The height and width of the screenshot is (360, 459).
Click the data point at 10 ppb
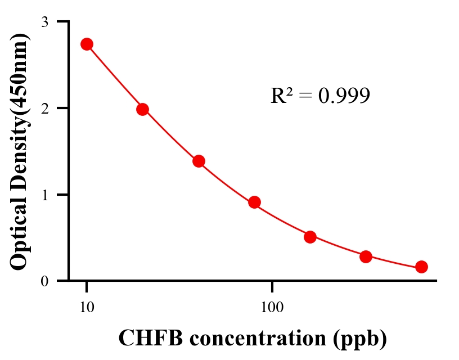(87, 44)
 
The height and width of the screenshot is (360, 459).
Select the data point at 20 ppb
(142, 109)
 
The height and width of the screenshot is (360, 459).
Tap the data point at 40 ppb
(199, 161)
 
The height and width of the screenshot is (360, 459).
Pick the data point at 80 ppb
(254, 202)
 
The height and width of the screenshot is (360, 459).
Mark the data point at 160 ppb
(310, 237)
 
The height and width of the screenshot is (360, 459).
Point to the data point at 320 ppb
(366, 256)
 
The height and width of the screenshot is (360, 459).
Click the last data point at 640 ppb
(421, 267)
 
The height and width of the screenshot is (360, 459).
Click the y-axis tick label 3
(46, 22)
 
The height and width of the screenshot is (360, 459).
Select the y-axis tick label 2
(46, 108)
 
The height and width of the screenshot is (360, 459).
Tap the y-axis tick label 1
(46, 195)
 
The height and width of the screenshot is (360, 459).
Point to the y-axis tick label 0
(46, 281)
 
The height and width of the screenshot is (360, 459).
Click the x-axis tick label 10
(87, 307)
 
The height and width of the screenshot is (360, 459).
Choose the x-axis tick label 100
(272, 307)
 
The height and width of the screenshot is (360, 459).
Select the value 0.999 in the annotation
(344, 96)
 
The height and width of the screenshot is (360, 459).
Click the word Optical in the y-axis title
(20, 232)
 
